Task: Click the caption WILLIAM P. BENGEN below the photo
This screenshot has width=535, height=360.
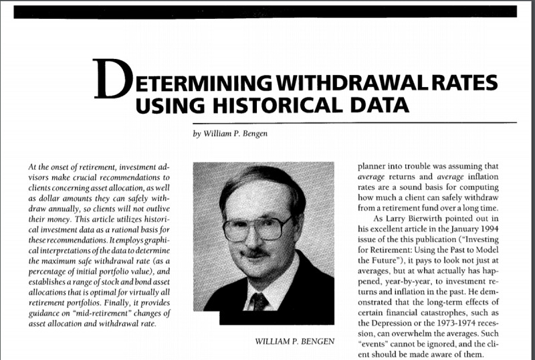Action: [294, 342]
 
